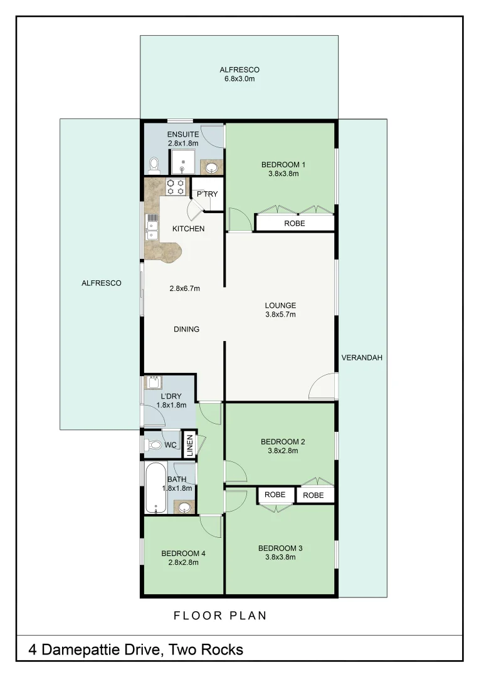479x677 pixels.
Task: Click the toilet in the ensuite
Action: (x=154, y=165)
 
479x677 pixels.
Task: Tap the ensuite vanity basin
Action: (x=212, y=167)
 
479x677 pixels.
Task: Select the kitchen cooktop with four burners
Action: (x=176, y=187)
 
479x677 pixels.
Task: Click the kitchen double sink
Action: (x=152, y=227)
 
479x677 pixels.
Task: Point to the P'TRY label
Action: (x=207, y=194)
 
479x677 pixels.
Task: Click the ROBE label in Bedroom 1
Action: (x=295, y=223)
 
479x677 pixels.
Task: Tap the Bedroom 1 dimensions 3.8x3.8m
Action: (x=279, y=174)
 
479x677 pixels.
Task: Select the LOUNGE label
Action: (x=280, y=305)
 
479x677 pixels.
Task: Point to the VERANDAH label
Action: (x=362, y=358)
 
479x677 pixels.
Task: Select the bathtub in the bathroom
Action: (x=155, y=488)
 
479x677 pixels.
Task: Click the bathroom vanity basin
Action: (x=184, y=506)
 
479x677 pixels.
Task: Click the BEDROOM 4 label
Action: (x=183, y=554)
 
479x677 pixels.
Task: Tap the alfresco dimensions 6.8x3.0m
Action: (x=239, y=80)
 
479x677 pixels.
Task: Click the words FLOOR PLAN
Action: (x=220, y=616)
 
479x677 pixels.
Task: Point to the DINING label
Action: (x=186, y=329)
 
